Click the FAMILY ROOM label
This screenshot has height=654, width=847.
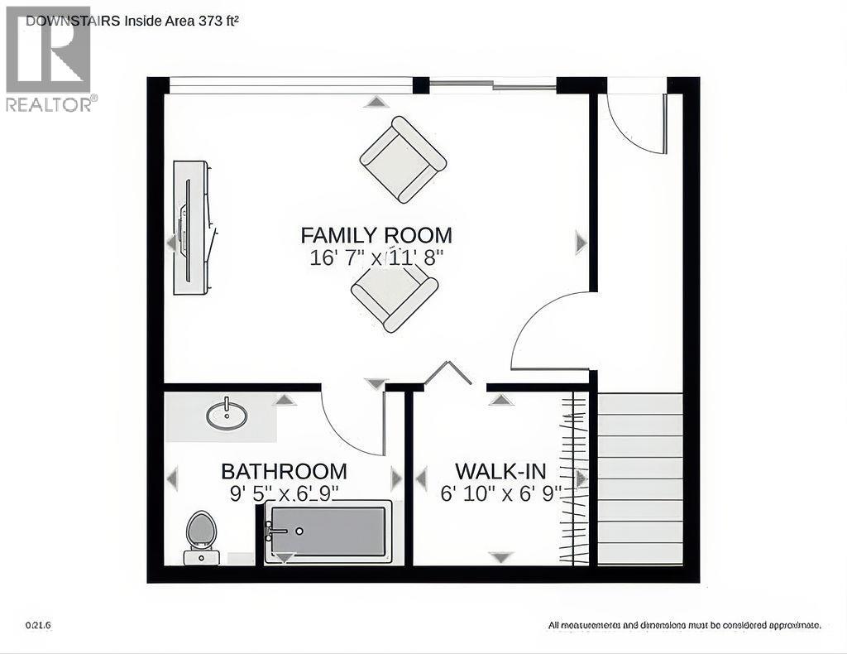point(376,235)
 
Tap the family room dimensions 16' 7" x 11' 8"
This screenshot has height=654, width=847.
point(376,257)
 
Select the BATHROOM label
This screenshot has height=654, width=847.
point(284,472)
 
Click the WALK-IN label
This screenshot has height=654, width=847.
point(500,472)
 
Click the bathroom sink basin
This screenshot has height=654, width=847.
point(226,415)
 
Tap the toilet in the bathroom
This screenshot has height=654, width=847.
point(201,535)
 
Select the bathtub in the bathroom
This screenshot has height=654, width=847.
point(328,531)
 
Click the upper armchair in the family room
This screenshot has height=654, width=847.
point(403,159)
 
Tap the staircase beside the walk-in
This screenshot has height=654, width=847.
point(640,479)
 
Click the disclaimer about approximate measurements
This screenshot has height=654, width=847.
point(684,625)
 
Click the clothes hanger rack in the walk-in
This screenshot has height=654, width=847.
point(575,479)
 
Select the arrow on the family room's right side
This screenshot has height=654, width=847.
point(581,243)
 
